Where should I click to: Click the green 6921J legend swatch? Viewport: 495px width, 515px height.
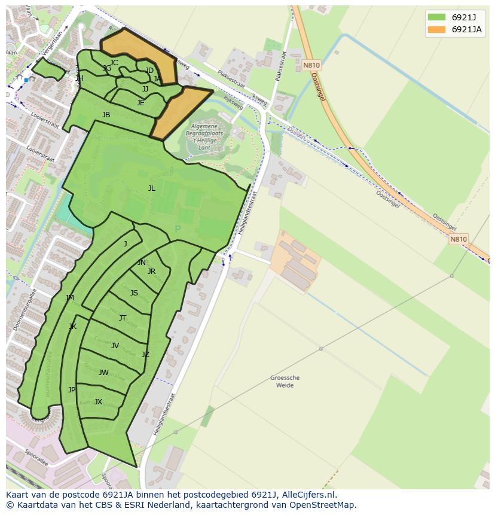[x=436, y=17]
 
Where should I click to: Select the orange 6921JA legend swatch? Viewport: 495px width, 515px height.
[x=436, y=29]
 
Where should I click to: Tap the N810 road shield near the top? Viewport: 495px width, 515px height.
[x=311, y=65]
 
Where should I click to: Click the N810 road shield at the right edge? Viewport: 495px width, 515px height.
[x=459, y=239]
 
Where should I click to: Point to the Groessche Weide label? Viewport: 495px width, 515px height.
[x=285, y=382]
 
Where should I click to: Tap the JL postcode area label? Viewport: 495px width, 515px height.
[x=152, y=188]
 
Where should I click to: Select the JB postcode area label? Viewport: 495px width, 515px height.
[x=106, y=115]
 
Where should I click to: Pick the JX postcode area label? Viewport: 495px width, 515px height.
[x=99, y=402]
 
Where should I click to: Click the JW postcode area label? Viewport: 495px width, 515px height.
[x=103, y=373]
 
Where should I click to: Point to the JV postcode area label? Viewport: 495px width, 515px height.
[x=115, y=345]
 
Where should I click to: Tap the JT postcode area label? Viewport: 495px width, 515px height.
[x=123, y=318]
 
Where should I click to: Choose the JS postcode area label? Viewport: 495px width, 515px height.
[x=134, y=293]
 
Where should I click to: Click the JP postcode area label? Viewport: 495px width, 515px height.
[x=72, y=390]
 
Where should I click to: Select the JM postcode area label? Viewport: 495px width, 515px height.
[x=70, y=298]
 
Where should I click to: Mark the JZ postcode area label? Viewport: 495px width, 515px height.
[x=145, y=355]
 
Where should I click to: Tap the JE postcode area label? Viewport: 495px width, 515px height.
[x=140, y=103]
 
